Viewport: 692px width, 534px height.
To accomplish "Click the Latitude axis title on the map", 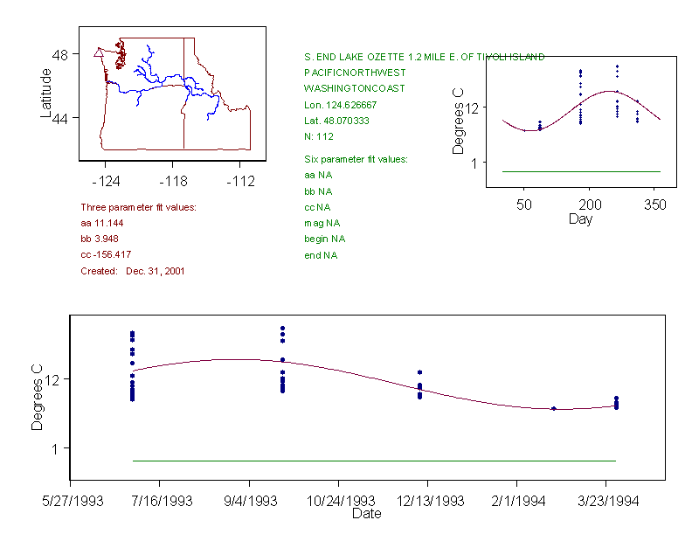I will [x=46, y=92].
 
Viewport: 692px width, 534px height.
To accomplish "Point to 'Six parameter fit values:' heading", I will [x=356, y=159].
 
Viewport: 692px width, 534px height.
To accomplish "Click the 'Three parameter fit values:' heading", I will [x=138, y=207].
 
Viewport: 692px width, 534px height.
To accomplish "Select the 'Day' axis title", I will [x=580, y=218].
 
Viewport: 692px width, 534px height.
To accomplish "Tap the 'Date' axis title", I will [x=366, y=514].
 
